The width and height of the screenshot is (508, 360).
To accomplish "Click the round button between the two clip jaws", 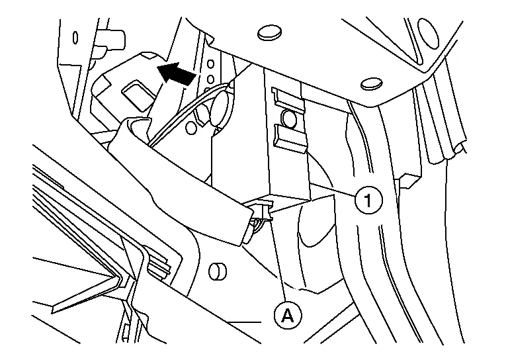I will pyautogui.click(x=288, y=119).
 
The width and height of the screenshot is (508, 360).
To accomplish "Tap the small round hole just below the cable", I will pyautogui.click(x=192, y=124).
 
